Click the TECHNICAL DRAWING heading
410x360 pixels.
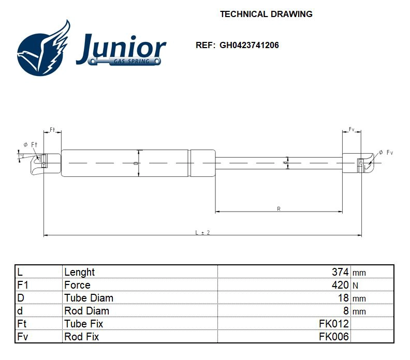tap(266, 14)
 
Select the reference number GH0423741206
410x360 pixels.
tap(249, 45)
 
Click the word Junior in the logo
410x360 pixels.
tap(121, 48)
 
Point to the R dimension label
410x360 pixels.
tap(279, 209)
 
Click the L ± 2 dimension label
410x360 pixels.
tap(202, 233)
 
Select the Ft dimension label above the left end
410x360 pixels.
tap(52, 129)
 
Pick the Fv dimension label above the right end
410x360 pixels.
tap(352, 129)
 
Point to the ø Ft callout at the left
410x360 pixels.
tap(31, 144)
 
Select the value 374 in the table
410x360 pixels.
tap(340, 272)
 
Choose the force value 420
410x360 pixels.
tap(340, 285)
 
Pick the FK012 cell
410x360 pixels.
tap(334, 324)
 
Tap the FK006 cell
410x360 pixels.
tap(334, 337)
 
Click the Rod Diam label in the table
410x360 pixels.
tap(86, 311)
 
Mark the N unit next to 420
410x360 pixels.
tap(355, 286)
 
